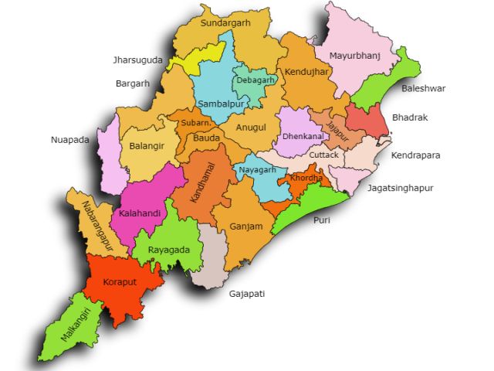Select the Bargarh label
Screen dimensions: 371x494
point(132,83)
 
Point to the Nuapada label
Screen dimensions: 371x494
point(70,140)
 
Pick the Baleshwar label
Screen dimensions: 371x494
point(424,89)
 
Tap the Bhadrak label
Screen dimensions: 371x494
point(410,118)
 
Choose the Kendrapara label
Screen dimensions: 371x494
point(416,155)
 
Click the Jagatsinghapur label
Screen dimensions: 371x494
point(401,188)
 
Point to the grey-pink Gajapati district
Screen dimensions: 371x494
point(211,259)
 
